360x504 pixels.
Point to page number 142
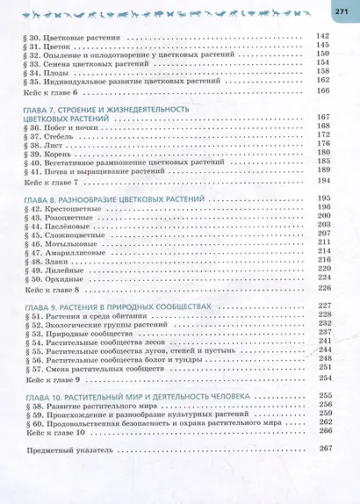[320, 36]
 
